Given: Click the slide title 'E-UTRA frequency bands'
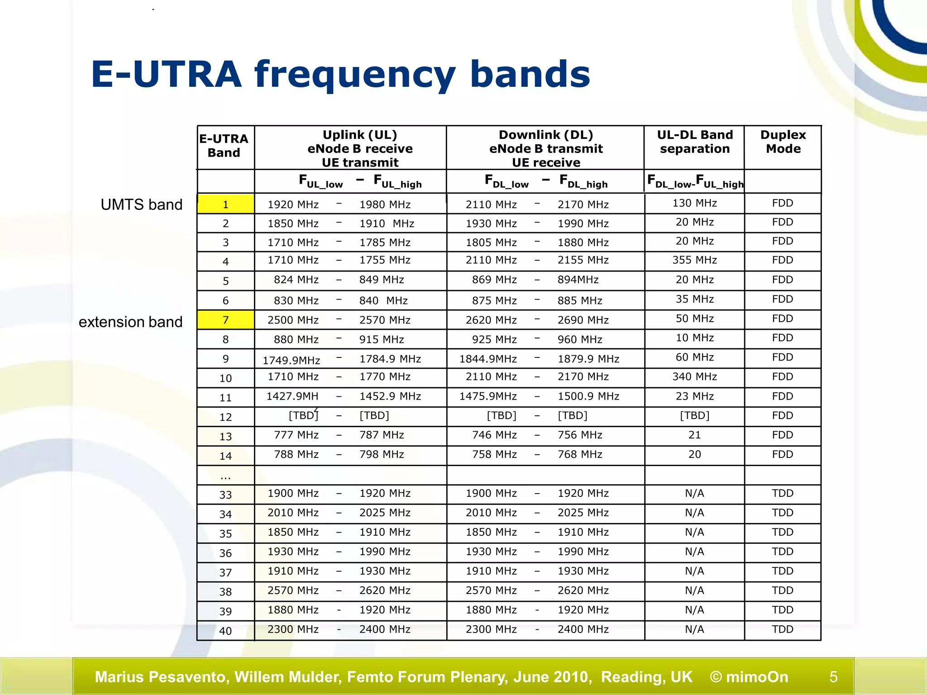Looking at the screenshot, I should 340,75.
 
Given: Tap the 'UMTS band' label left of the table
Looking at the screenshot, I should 141,205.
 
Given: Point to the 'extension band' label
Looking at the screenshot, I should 130,322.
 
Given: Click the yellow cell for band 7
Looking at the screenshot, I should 225,320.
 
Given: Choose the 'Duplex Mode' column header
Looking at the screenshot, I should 783,142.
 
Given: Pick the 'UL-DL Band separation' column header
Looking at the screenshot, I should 694,142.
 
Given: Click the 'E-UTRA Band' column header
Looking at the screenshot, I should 224,146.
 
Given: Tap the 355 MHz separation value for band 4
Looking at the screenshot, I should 694,260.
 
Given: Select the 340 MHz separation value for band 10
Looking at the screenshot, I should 694,376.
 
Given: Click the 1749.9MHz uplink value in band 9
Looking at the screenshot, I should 291,360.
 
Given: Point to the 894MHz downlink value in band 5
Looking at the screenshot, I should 578,280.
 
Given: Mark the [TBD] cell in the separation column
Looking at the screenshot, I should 694,415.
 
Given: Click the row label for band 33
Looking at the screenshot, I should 225,495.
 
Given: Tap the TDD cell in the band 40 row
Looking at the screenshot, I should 783,629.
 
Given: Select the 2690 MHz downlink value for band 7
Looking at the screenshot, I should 583,320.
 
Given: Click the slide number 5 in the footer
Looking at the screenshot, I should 833,677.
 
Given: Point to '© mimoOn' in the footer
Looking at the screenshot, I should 749,677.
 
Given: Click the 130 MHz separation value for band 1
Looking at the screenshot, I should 694,203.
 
